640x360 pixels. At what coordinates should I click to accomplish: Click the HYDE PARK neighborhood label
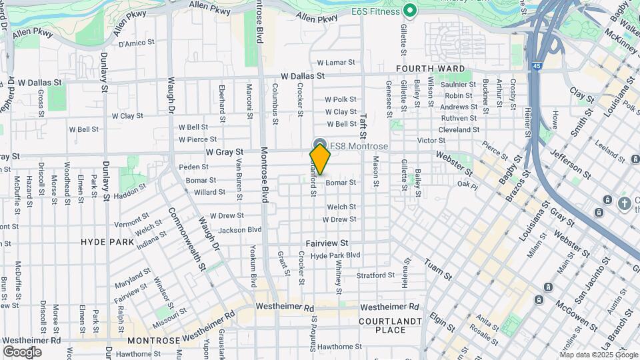coord(107,242)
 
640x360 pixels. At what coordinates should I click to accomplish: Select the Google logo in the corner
coord(22,352)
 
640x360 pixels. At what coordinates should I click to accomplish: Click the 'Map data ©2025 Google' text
coord(599,354)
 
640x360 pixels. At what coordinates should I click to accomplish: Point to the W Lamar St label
coord(336,62)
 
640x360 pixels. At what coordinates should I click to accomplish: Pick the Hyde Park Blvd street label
coord(335,255)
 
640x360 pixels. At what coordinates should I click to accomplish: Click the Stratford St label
coord(375,275)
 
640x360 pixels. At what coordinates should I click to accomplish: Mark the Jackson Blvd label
coord(240,230)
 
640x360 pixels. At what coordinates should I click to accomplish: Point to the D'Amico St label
coord(136,44)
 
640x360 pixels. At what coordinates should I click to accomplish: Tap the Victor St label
coord(431,140)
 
